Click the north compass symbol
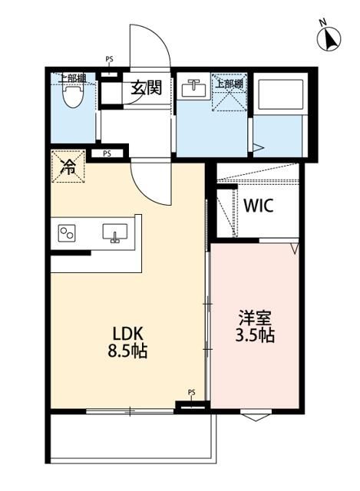click(x=330, y=36)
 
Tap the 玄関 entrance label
click(x=145, y=87)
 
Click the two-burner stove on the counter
click(x=66, y=233)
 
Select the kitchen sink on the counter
click(x=114, y=232)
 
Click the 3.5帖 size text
click(x=255, y=336)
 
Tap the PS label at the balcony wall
click(x=191, y=393)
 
